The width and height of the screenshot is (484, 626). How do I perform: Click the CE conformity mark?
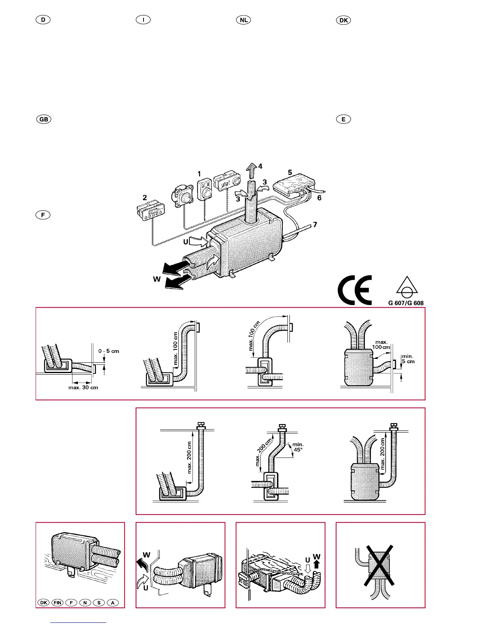tap(355, 290)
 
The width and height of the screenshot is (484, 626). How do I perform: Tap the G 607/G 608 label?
tap(406, 303)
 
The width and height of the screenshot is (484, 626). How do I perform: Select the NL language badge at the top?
tap(244, 20)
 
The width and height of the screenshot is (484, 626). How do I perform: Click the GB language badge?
tap(43, 119)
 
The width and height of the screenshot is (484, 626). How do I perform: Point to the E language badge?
tap(343, 119)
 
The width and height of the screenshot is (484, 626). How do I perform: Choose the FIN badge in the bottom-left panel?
tap(57, 603)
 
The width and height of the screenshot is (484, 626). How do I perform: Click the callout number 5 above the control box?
tap(290, 172)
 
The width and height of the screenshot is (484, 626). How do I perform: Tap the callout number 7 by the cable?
tap(315, 224)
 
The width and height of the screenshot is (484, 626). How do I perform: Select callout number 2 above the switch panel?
tap(145, 197)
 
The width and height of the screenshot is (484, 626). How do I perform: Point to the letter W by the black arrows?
tap(157, 279)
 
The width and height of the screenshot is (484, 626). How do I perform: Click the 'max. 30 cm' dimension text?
tap(83, 388)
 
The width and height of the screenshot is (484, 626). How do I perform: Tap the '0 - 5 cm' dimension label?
tap(109, 351)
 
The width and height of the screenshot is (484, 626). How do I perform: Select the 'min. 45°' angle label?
tap(298, 447)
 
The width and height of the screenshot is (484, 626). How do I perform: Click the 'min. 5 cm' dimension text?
tap(408, 359)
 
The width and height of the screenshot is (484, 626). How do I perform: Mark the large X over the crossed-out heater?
tap(380, 566)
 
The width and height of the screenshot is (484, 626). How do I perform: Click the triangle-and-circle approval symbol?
tap(407, 288)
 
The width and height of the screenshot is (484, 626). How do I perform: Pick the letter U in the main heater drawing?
tap(185, 242)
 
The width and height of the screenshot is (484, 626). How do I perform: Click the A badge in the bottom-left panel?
tap(113, 603)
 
